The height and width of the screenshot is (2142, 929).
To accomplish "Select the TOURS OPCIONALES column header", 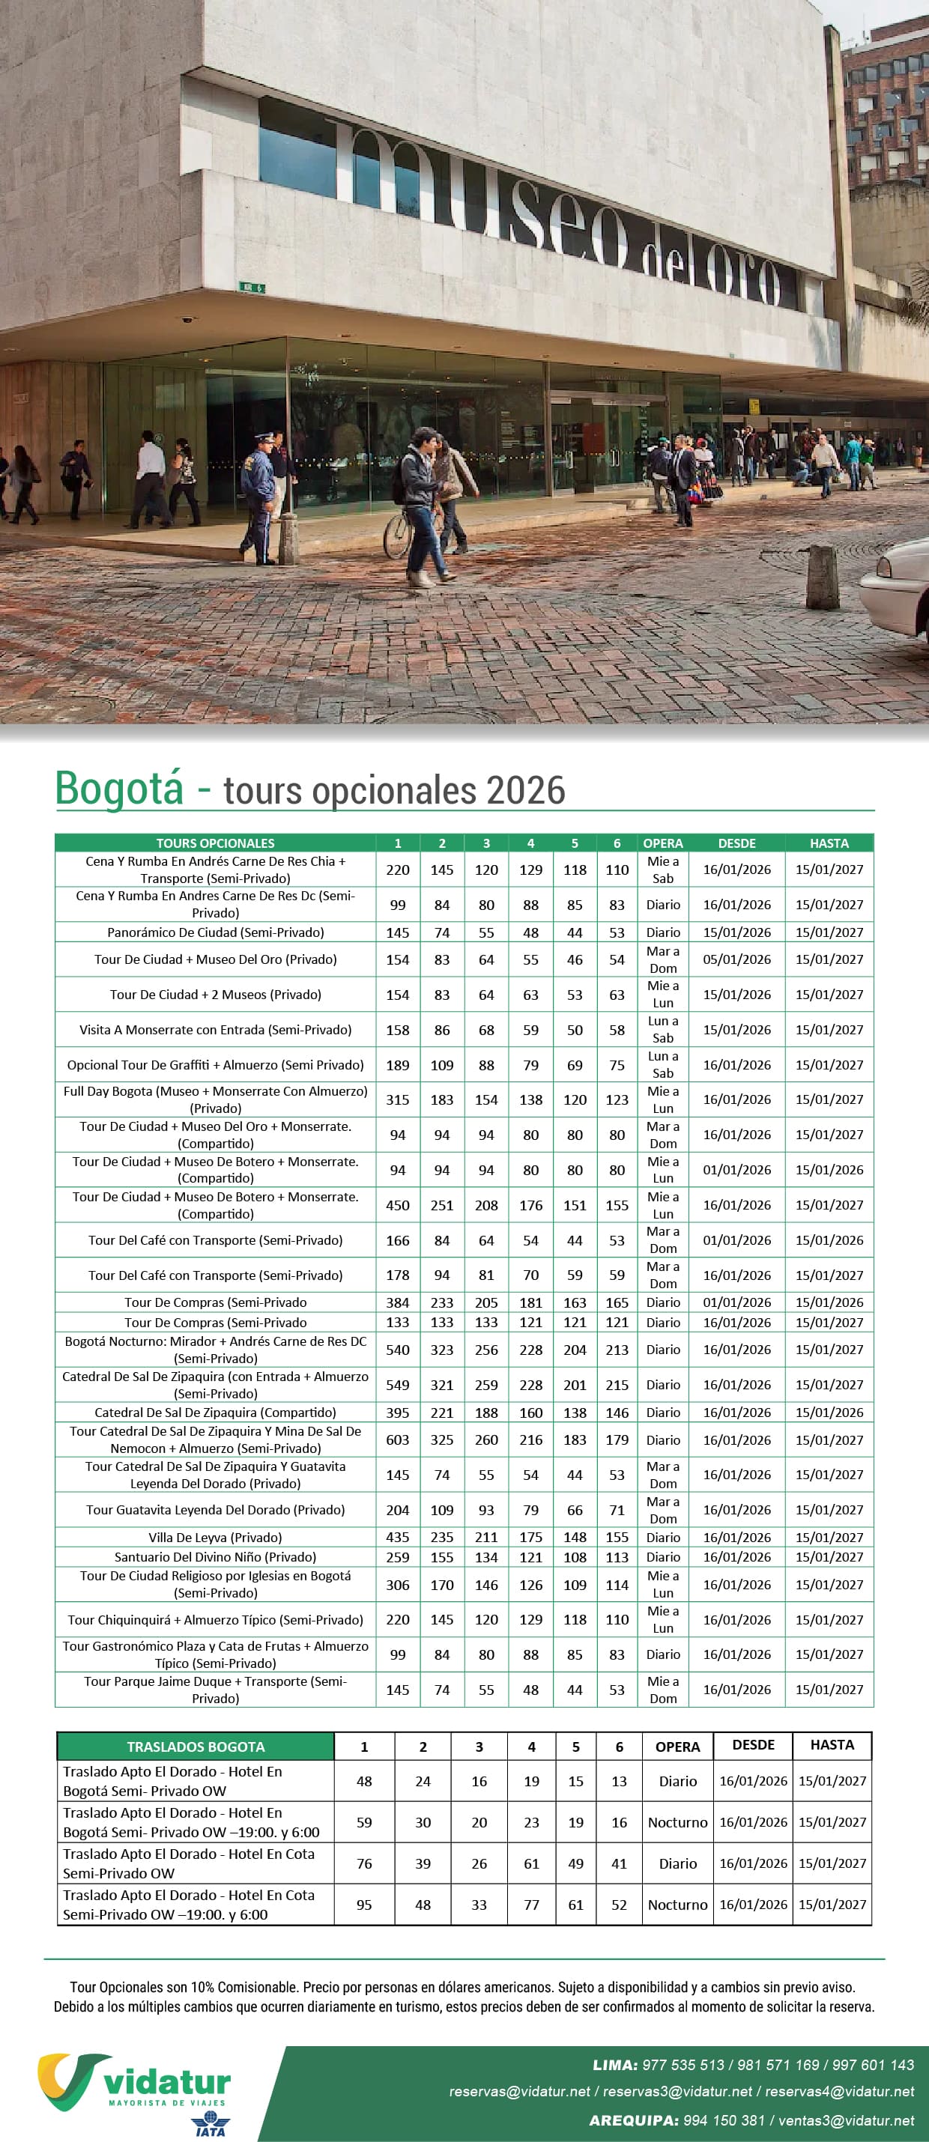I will [216, 843].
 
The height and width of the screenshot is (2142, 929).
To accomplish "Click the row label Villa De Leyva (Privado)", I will [216, 1537].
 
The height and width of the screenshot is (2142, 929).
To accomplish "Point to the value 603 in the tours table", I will [398, 1439].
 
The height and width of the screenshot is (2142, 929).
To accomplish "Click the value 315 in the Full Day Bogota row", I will [398, 1099].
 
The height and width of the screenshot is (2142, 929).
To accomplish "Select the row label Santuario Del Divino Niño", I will [216, 1556].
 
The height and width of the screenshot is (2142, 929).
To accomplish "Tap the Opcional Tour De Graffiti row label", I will [216, 1064].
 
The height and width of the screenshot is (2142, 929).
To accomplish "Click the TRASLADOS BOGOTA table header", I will [196, 1747].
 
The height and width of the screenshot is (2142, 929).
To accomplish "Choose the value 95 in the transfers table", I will [364, 1904].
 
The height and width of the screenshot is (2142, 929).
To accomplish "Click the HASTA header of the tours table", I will [829, 843].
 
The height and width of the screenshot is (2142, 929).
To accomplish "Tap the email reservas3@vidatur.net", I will [677, 2090].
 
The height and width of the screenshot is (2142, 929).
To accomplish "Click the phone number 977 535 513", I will [683, 2065].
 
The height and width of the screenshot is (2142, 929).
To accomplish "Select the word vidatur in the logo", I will [167, 2081].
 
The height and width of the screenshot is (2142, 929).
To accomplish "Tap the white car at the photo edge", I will [897, 587].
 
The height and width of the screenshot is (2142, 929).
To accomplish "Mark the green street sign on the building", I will [252, 288].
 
